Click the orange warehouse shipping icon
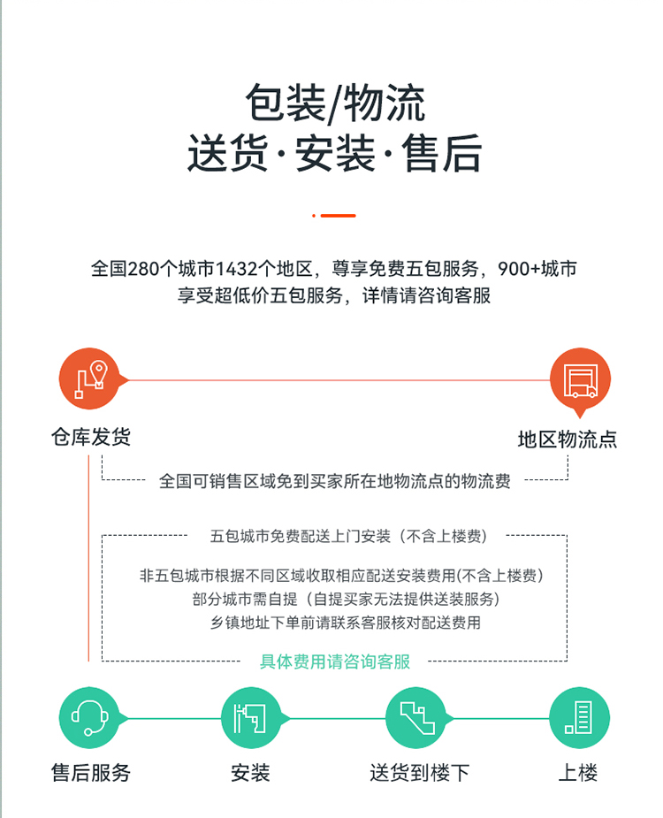(89, 378)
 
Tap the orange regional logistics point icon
(580, 379)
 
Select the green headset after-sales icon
(89, 718)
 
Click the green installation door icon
(251, 718)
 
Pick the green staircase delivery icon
(416, 718)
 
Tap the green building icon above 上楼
(579, 718)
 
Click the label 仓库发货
(91, 437)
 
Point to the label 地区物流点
(568, 440)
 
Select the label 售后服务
(91, 773)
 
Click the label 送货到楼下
(420, 773)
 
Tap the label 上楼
(578, 773)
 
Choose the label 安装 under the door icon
(250, 773)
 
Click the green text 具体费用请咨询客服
(335, 661)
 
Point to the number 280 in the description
(143, 269)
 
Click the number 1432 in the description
(236, 269)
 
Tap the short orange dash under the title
(334, 216)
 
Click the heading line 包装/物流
(335, 103)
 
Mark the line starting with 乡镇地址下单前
(346, 623)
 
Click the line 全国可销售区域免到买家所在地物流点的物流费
(335, 481)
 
